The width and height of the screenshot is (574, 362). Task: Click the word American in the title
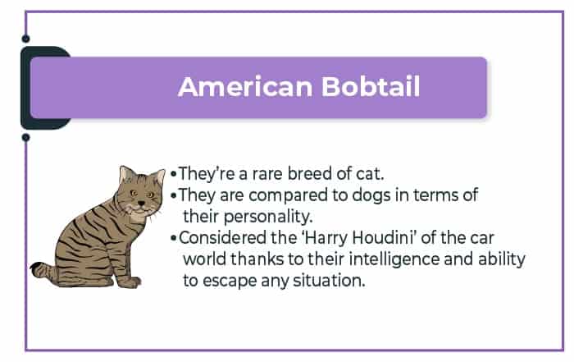(x=245, y=87)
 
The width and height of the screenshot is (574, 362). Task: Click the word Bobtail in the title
(x=371, y=87)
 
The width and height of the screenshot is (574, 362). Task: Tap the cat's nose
(x=141, y=203)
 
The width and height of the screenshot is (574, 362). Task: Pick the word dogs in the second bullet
(x=371, y=195)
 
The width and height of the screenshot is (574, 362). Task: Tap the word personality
(x=267, y=217)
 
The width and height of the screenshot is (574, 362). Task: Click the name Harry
(x=326, y=239)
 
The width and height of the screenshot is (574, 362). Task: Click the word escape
(x=230, y=282)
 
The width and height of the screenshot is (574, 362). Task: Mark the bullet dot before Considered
(x=174, y=239)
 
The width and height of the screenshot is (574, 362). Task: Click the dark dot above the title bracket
(x=25, y=39)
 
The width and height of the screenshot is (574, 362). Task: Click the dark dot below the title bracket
(x=25, y=137)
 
